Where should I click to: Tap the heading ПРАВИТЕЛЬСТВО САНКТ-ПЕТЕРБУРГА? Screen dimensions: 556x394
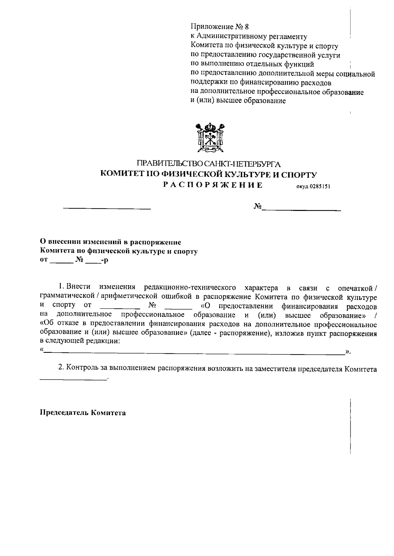[209, 164]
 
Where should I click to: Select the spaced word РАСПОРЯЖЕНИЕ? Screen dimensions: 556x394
[213, 186]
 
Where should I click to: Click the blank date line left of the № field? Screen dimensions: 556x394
[107, 208]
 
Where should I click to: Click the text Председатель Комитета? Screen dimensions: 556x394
[83, 413]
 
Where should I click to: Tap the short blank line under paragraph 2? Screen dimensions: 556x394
[73, 379]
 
